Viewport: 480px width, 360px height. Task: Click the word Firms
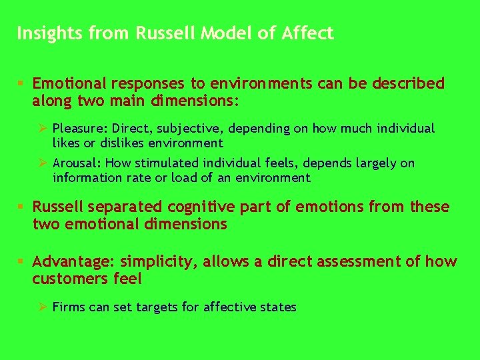[68, 307]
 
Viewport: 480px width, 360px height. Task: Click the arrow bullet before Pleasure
[41, 128]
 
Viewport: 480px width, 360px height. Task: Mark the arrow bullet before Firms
[41, 307]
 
